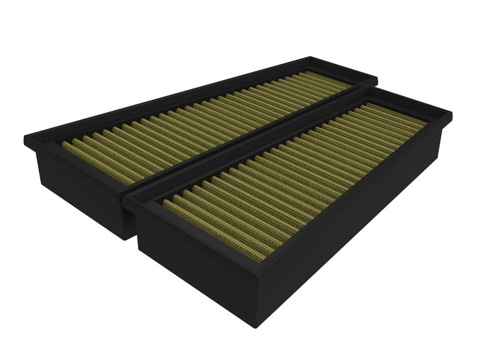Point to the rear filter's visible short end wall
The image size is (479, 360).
pyautogui.click(x=75, y=187)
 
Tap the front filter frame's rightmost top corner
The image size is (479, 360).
pyautogui.click(x=452, y=113)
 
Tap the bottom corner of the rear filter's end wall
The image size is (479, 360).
pyautogui.click(x=124, y=239)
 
